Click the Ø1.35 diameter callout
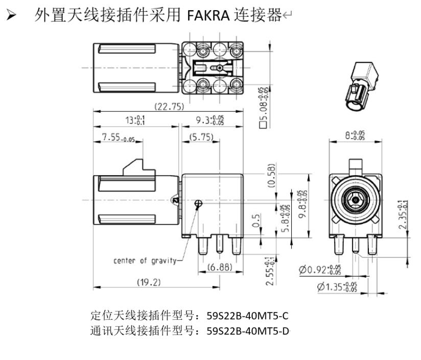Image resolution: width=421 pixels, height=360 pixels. coord(337,287)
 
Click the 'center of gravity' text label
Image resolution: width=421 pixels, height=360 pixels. coord(145,261)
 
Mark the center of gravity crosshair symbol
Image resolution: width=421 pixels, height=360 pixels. coord(198,203)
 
